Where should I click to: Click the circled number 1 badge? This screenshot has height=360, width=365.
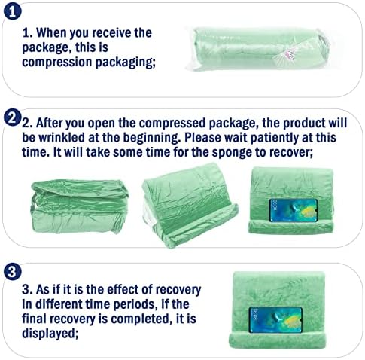[12, 12]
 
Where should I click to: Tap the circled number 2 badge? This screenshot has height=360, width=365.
[12, 117]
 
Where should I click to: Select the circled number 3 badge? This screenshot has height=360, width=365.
[12, 272]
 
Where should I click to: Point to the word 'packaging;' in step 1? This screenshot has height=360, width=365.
[125, 63]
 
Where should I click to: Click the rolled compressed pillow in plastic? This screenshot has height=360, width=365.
[258, 48]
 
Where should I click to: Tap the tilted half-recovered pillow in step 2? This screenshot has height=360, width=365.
[190, 205]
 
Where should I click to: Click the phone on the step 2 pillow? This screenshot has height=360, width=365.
[293, 210]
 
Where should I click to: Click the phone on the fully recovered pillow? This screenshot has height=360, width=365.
[275, 320]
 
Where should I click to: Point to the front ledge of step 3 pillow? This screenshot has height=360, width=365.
[277, 340]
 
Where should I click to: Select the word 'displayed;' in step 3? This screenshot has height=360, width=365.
[50, 334]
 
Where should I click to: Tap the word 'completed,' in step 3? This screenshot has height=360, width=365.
[141, 319]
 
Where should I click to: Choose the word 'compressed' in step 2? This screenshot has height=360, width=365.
[172, 124]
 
